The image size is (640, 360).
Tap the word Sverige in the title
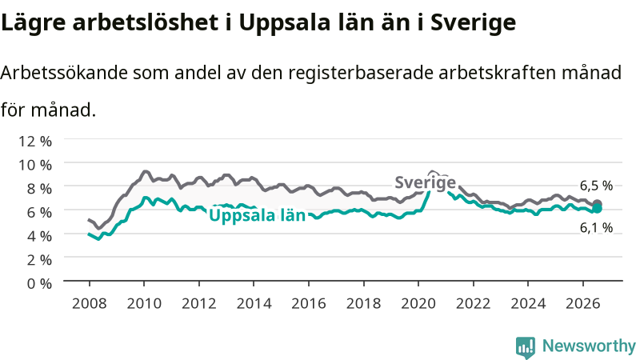pos(473,22)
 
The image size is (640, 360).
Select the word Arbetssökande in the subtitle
pos(65,73)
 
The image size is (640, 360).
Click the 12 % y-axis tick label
pos(35,142)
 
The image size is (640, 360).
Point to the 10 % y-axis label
pos(35,165)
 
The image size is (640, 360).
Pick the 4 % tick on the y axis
pos(39,236)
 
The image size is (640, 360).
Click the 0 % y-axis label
pos(39,283)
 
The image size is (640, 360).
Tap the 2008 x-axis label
pos(89,303)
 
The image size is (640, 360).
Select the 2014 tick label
pos(254,303)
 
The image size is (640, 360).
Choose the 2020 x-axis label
pos(418,303)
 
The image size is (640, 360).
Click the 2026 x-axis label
pos(583,303)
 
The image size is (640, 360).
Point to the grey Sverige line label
pos(426,182)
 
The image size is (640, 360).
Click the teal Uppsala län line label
pos(257,215)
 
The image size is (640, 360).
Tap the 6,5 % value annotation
pos(596,186)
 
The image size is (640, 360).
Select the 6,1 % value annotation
pos(596,228)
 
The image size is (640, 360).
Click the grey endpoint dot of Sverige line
pos(597,204)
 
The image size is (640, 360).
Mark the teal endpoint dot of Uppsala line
pos(597,209)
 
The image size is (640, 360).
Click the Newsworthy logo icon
pos(526,347)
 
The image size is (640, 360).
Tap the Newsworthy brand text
pos(589,346)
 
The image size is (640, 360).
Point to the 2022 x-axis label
pos(473,303)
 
